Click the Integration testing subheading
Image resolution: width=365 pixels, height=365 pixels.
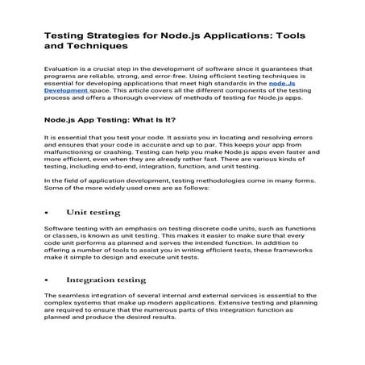[106, 280]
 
